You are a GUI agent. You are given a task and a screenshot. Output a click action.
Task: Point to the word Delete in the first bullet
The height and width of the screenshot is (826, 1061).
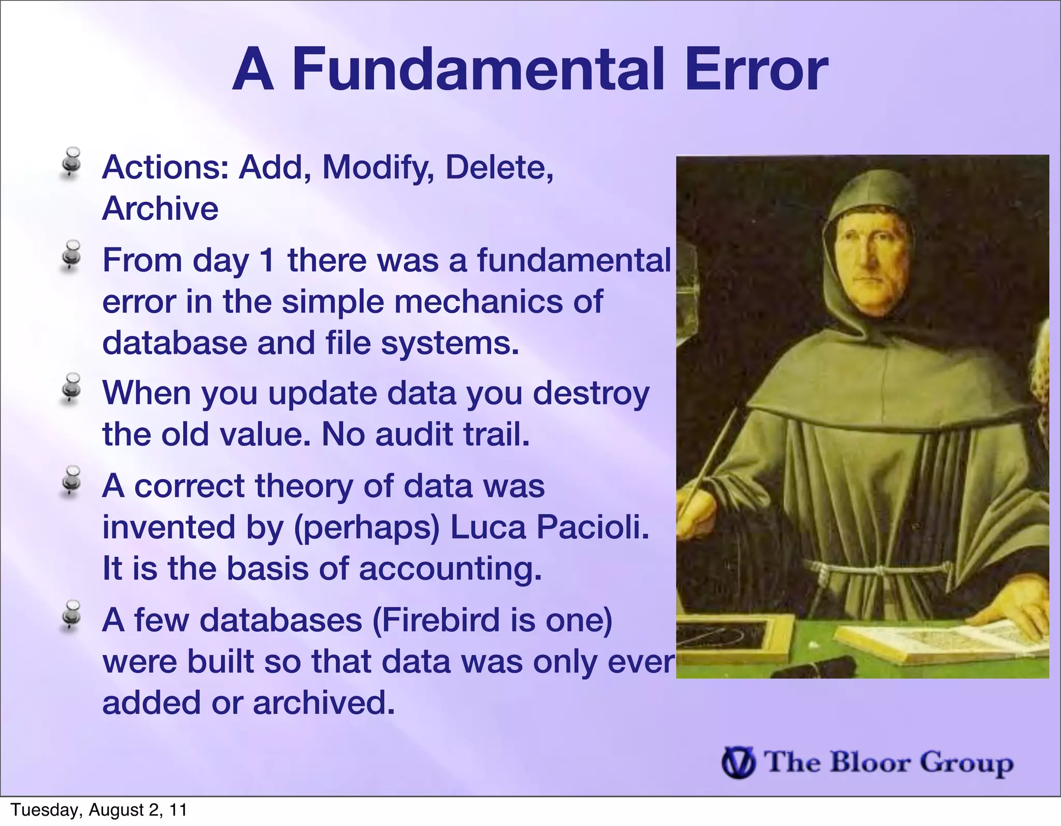(x=499, y=167)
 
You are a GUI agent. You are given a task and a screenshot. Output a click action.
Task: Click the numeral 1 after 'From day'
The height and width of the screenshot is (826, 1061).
(x=267, y=260)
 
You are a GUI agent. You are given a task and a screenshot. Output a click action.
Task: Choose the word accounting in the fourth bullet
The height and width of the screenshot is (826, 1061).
(x=450, y=569)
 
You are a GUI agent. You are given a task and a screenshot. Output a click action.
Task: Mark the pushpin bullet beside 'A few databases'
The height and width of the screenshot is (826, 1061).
(x=70, y=615)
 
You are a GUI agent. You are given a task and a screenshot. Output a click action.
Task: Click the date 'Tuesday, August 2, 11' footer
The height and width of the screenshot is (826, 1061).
(x=99, y=810)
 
